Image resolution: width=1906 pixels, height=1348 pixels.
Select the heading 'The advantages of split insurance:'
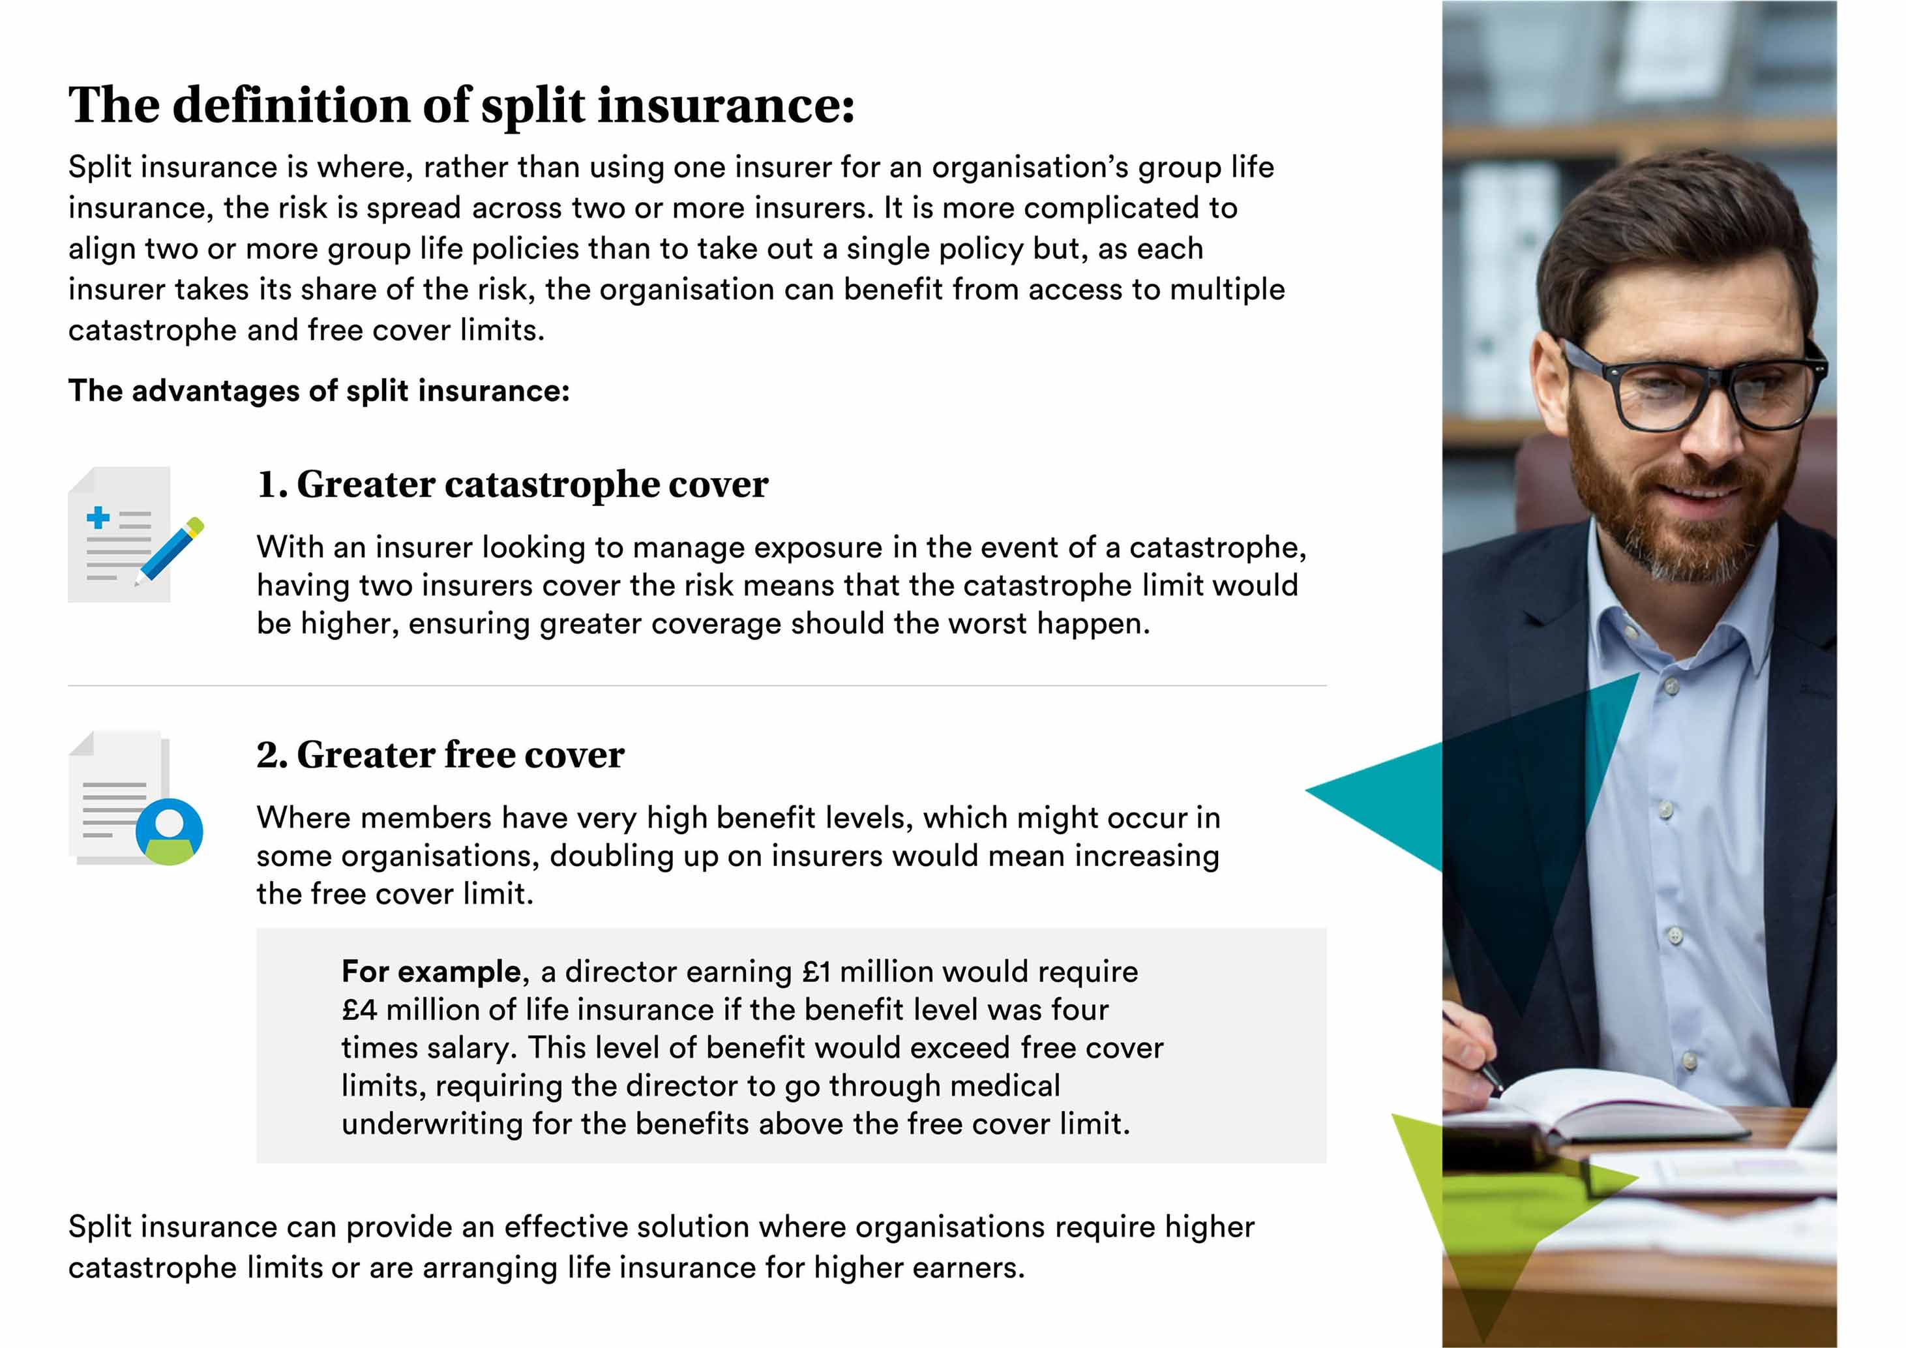(319, 391)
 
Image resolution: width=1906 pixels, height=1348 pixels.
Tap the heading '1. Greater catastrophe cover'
(512, 485)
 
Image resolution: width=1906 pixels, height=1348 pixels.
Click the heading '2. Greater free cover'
(440, 755)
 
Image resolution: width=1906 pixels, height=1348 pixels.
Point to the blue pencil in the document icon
(170, 551)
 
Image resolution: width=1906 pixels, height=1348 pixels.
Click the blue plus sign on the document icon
(98, 517)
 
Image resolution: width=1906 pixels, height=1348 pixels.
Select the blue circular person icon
(170, 831)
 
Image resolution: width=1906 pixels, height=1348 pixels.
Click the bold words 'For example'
(431, 971)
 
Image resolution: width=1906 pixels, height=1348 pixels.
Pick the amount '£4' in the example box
(359, 1010)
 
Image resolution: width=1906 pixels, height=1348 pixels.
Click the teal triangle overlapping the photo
(1469, 797)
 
